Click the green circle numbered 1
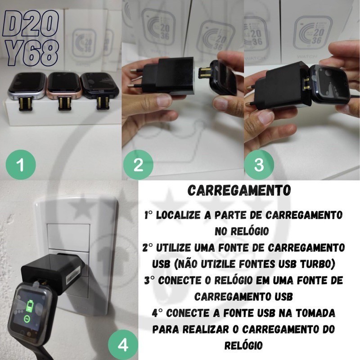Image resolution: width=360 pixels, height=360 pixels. click(21, 164)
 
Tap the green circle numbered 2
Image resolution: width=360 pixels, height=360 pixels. click(138, 164)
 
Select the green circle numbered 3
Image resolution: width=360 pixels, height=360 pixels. click(259, 164)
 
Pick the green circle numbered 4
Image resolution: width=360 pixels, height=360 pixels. click(123, 345)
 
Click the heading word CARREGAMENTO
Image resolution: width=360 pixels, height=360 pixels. click(239, 190)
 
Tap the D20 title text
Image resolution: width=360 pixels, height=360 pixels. click(31, 23)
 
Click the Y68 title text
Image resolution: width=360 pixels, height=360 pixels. click(32, 53)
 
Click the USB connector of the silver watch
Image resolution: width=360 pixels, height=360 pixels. click(26, 104)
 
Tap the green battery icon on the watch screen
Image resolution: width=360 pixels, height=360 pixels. click(30, 306)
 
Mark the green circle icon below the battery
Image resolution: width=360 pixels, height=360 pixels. click(27, 319)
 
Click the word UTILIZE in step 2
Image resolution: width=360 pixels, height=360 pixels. click(174, 248)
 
